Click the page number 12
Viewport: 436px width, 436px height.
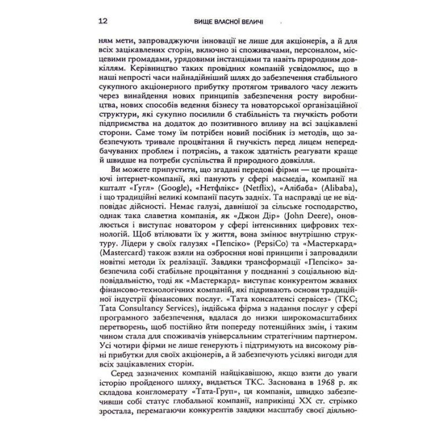102,21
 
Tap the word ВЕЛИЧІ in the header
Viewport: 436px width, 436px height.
249,22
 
